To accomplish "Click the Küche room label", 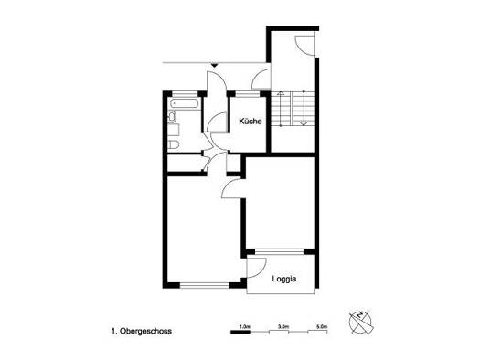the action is click(x=251, y=122).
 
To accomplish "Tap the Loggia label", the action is click(x=284, y=279).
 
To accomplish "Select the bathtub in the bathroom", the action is click(x=184, y=103).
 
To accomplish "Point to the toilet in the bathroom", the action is click(x=174, y=144).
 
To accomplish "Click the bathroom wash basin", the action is click(x=172, y=117).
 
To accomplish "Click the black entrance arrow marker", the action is click(x=214, y=65).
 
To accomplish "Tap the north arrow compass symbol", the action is click(x=361, y=322).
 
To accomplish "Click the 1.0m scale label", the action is click(x=245, y=326).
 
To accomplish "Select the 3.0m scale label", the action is click(x=283, y=326).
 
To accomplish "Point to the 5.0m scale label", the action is click(x=322, y=326).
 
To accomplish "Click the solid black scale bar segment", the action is click(x=240, y=332).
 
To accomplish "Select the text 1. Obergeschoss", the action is click(x=141, y=331).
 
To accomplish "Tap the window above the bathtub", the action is click(x=185, y=93).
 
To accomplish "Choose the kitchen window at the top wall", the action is click(x=248, y=93).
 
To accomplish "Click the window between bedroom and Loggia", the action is click(x=279, y=251).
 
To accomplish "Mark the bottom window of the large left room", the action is click(x=204, y=286).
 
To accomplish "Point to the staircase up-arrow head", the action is click(x=280, y=94).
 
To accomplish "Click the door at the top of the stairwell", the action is click(x=304, y=46).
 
